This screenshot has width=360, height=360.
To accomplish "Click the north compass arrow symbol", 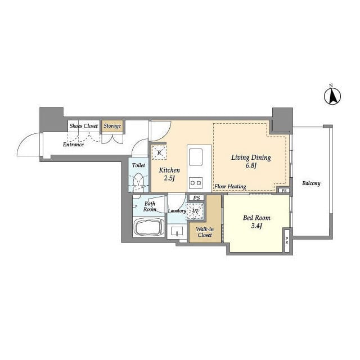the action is point(332,96).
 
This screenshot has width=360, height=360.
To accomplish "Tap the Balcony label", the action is point(311,183).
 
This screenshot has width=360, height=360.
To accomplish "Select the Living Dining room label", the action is point(251,157).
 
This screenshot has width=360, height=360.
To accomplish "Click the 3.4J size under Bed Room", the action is point(256,226).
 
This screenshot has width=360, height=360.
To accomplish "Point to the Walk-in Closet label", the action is point(205,232).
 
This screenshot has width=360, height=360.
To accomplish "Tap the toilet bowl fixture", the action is point(138,181).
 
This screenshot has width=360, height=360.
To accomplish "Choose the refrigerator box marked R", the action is point(159,152).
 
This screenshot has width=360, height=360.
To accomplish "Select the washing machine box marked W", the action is point(195,211).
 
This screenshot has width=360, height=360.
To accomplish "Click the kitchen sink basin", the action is point(195,157).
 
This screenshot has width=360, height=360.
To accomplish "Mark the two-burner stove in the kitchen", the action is point(196,183).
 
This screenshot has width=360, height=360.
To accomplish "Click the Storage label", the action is point(112,126).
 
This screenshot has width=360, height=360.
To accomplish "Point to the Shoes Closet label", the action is point(84,126).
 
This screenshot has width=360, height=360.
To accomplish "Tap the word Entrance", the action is point(73,145).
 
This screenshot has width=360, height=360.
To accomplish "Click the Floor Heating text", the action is point(230,186).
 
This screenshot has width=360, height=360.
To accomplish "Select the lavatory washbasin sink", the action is point(177,231).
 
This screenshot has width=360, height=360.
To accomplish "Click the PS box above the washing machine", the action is point(196,197).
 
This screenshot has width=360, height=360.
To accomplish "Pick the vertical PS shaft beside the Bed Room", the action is point(287,240).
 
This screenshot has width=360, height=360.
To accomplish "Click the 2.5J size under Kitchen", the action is point(169,178).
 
